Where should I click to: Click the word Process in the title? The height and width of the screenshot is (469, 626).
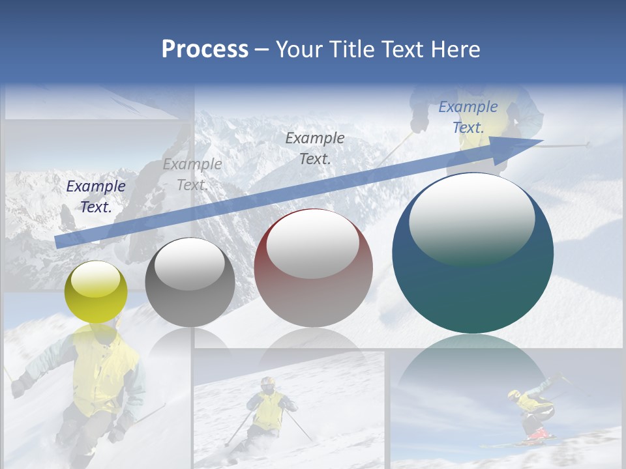click(205, 49)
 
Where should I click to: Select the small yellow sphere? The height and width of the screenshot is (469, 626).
click(97, 292)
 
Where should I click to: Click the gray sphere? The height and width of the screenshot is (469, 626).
click(190, 282)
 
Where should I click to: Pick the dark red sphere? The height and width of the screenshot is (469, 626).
click(313, 268)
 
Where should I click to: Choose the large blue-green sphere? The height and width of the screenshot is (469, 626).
click(473, 253)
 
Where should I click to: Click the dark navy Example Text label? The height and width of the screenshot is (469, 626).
click(96, 197)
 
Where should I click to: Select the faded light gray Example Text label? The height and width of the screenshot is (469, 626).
click(192, 175)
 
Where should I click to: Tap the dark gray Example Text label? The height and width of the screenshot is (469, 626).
click(315, 148)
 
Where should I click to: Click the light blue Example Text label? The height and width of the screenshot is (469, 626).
click(468, 117)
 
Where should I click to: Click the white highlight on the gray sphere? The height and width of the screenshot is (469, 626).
click(190, 264)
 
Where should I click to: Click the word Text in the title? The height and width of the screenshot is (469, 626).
click(399, 49)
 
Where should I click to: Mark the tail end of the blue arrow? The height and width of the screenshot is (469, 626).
click(59, 242)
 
